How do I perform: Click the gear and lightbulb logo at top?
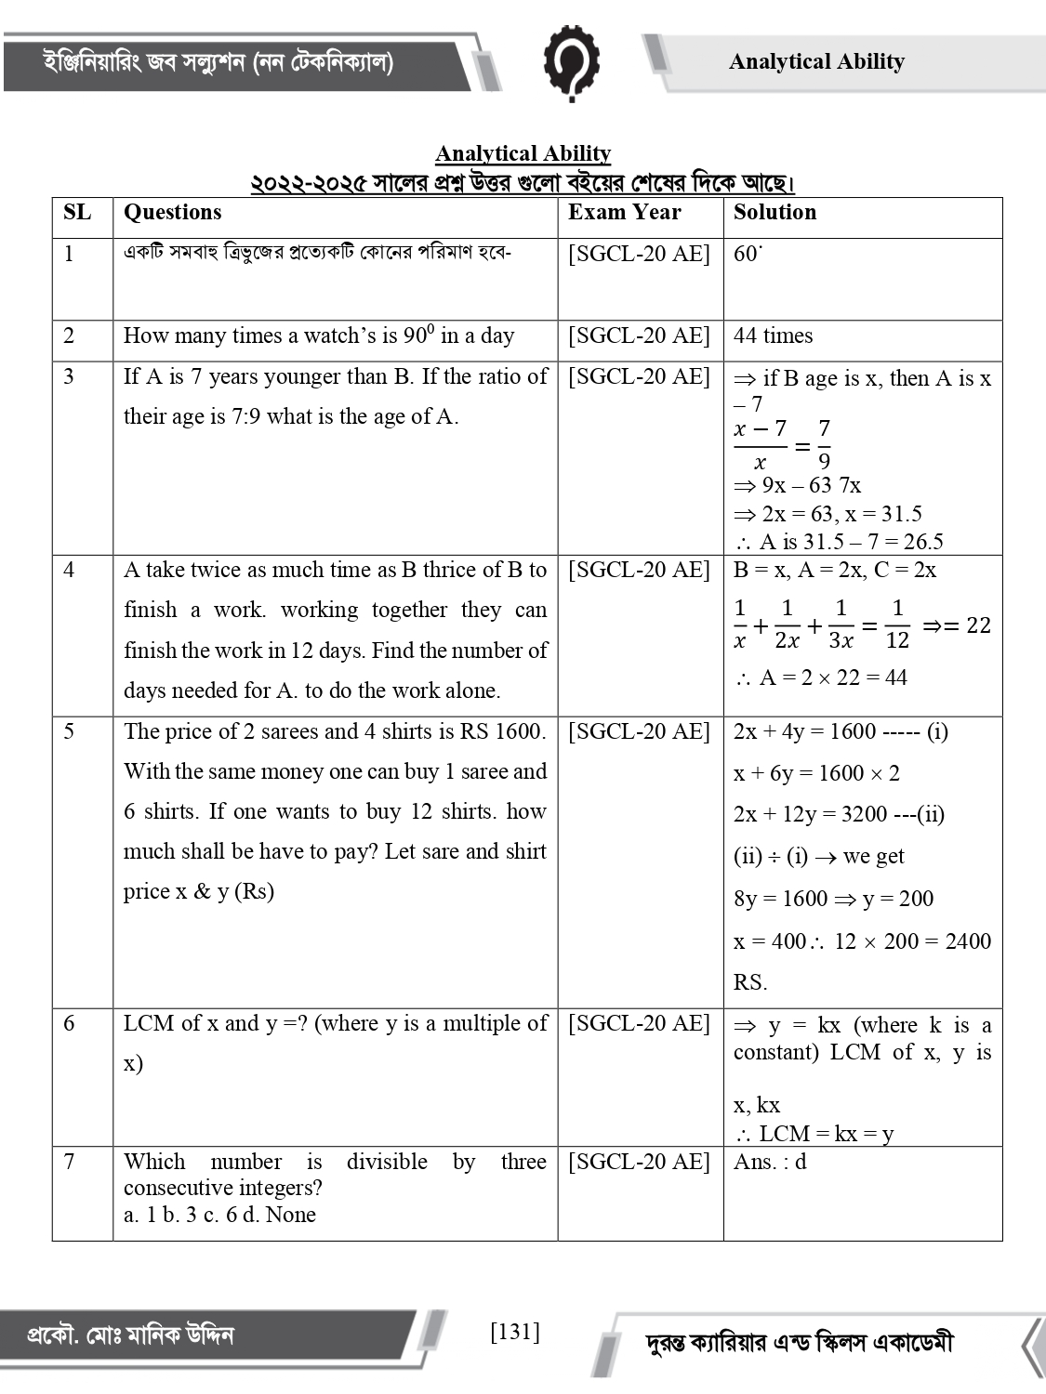point(571,61)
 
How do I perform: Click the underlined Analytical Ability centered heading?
point(523,153)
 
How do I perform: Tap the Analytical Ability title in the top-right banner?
point(816,61)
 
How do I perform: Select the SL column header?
point(77,213)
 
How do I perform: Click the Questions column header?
point(173,213)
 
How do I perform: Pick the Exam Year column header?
point(625,213)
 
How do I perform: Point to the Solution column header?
point(775,213)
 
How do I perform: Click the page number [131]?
point(514,1332)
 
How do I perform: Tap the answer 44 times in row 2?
point(773,335)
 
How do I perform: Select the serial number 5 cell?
point(70,731)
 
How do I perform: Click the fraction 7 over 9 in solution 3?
point(824,444)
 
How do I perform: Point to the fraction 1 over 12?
point(896,624)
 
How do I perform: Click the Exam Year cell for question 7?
point(639,1162)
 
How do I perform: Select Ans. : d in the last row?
point(770,1162)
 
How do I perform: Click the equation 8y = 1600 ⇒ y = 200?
point(833,899)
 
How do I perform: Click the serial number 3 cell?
point(70,376)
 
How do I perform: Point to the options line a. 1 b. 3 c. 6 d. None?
point(219,1215)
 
